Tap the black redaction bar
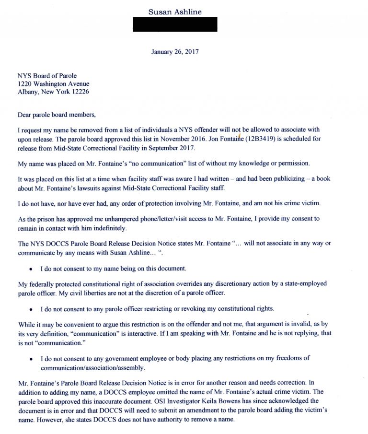tap(175, 24)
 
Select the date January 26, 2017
tap(175, 51)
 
